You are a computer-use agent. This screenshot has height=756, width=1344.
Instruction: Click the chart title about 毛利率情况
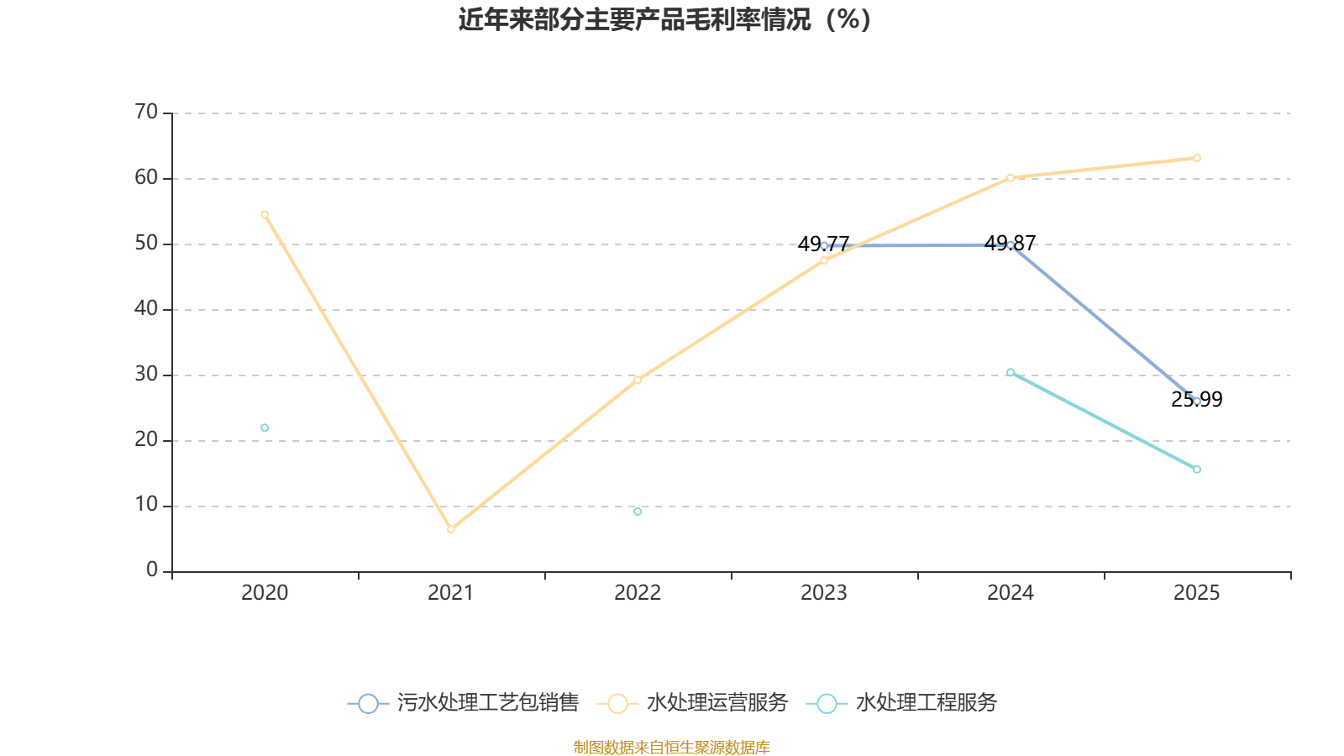(x=664, y=19)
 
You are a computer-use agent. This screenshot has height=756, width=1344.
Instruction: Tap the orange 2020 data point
(x=265, y=214)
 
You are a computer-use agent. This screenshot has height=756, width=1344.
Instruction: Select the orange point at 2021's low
(x=451, y=529)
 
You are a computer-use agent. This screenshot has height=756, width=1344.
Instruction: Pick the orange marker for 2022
(x=638, y=380)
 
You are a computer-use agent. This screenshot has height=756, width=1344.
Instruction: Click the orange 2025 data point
(x=1197, y=158)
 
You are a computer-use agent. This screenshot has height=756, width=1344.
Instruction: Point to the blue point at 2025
(x=1197, y=402)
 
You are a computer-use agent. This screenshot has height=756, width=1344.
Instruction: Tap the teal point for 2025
(x=1197, y=470)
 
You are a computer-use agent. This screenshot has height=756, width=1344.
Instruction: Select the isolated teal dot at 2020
(x=265, y=428)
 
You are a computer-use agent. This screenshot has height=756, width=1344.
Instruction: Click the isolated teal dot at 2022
(x=638, y=512)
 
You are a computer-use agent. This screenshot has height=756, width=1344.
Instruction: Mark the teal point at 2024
(x=1011, y=372)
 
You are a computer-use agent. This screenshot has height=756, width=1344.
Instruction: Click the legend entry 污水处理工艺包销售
(x=463, y=703)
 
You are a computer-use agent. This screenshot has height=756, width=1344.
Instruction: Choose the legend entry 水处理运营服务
(x=693, y=703)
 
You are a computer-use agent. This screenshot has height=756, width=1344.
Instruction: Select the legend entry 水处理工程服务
(x=901, y=703)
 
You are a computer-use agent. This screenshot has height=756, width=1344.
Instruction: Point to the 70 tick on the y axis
(x=146, y=113)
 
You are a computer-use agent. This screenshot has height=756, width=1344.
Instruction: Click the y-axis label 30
(x=146, y=375)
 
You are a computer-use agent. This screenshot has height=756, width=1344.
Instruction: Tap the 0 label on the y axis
(x=151, y=570)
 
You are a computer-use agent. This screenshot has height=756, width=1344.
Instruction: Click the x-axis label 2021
(x=451, y=593)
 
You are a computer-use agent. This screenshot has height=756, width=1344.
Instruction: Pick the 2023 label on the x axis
(x=824, y=593)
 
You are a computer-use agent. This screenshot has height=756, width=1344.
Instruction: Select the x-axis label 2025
(x=1197, y=593)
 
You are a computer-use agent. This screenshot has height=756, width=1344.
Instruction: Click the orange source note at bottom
(x=672, y=747)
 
